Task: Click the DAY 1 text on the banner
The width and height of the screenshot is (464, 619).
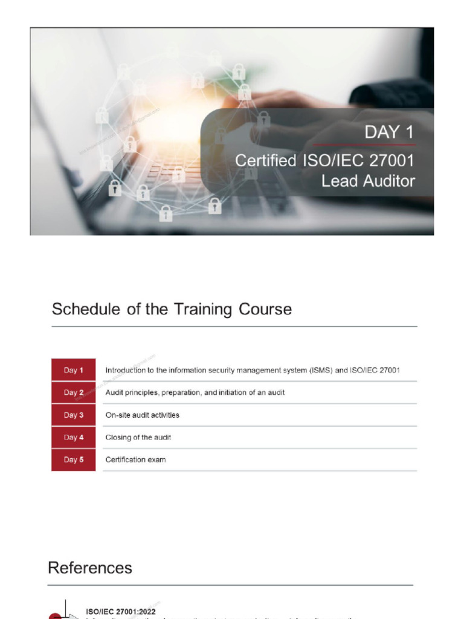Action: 389,132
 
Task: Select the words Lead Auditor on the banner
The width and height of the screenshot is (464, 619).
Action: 368,181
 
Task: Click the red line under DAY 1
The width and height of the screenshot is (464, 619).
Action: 364,145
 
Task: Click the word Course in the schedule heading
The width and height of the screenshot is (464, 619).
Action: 264,309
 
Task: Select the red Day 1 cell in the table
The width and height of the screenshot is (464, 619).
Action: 73,370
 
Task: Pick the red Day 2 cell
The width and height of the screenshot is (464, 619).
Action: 73,392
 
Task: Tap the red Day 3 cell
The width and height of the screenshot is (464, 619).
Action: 73,415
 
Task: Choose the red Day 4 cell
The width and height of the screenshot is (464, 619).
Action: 73,437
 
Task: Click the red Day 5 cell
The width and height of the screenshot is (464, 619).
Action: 73,459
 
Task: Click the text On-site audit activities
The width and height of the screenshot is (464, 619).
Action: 142,415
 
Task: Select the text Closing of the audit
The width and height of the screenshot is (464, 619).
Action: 138,437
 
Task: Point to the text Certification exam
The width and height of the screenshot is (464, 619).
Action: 135,459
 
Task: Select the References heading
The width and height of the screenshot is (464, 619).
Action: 89,568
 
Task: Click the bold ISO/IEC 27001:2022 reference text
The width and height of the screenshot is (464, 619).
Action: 121,612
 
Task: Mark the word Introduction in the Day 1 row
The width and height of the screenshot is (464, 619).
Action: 125,370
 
